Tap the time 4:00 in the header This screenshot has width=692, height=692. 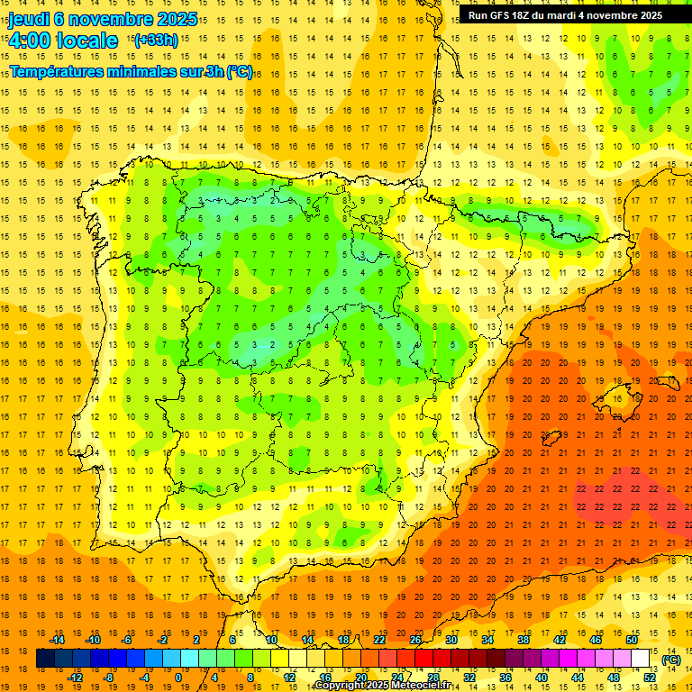click(29, 41)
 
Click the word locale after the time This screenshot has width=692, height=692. click(86, 41)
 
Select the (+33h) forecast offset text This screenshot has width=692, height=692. click(156, 40)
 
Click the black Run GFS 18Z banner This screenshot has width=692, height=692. click(565, 15)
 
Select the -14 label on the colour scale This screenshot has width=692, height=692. click(57, 640)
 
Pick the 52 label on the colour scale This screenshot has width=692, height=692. click(650, 678)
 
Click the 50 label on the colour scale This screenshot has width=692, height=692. click(632, 640)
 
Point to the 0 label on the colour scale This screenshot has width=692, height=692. click(178, 678)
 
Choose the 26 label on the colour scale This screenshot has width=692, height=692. click(415, 640)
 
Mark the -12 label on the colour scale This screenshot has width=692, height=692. click(75, 678)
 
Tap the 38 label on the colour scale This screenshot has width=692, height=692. click(524, 640)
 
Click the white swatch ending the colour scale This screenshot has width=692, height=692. click(641, 659)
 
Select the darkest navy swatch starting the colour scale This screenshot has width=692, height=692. click(45, 659)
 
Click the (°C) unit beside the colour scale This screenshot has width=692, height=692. click(671, 659)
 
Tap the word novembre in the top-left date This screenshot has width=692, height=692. click(115, 20)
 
